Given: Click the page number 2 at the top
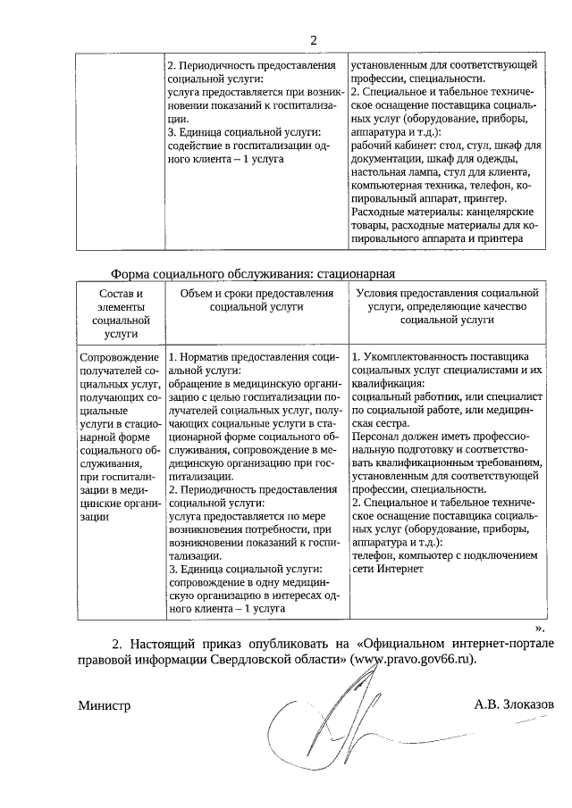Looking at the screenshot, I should click(313, 40).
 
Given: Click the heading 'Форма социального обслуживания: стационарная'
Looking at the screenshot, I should click(252, 274).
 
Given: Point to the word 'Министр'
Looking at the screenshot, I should click(104, 705).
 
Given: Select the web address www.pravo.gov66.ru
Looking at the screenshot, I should click(411, 660).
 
